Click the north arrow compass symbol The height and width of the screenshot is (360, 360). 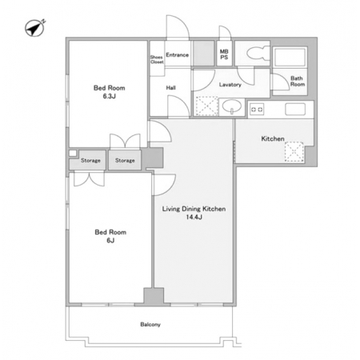click(34, 28)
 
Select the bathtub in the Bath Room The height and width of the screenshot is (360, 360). click(290, 57)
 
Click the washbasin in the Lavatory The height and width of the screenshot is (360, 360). click(232, 106)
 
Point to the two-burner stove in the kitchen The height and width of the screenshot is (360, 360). click(257, 110)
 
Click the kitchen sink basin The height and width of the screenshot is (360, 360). click(295, 110)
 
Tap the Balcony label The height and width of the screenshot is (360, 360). click(150, 325)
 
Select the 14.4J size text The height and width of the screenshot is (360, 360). click(194, 217)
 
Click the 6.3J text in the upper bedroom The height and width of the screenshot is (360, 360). click(110, 96)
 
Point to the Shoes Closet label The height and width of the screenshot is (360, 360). click(157, 59)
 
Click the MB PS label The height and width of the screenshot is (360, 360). click(224, 54)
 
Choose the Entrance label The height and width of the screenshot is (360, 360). click(178, 55)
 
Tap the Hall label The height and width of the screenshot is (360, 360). click(170, 88)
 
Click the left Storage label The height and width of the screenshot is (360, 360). click(90, 161)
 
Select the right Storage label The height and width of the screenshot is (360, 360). click(125, 161)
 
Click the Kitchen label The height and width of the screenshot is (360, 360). click(273, 138)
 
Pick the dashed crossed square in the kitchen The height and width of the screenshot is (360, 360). click(294, 152)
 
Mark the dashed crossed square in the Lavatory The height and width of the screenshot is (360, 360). click(207, 106)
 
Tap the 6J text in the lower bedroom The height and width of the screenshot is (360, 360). click(110, 241)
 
